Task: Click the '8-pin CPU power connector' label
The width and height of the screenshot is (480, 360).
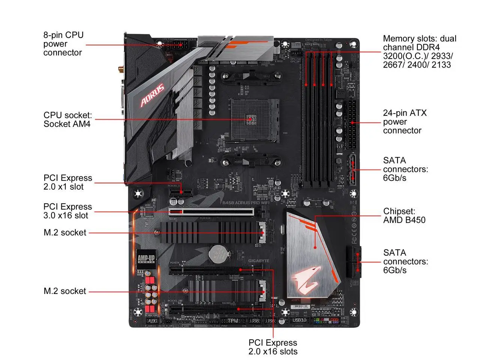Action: [x=63, y=44]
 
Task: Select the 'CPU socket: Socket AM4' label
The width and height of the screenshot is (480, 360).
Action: [x=67, y=120]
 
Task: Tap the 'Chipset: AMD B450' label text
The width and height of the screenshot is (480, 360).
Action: [x=404, y=216]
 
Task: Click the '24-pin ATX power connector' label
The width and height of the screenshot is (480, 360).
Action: [x=404, y=121]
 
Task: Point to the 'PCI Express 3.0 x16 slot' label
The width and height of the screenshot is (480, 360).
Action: [x=67, y=211]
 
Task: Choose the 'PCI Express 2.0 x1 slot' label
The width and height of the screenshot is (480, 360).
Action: [x=67, y=182]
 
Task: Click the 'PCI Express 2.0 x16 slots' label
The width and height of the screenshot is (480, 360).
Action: [x=273, y=347]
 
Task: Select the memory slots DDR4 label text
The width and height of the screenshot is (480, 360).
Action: [x=419, y=52]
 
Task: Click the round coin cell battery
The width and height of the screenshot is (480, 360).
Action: [x=218, y=253]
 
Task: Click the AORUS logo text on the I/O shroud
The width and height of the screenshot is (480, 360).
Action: [x=152, y=95]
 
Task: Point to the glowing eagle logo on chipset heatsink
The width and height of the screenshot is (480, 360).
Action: [x=307, y=280]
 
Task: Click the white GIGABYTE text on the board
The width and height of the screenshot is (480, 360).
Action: [x=259, y=261]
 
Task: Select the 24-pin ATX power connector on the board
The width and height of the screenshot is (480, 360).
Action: [x=352, y=124]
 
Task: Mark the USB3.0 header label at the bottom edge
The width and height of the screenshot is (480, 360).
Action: [x=299, y=320]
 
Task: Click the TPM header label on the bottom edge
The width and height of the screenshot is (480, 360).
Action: [x=233, y=321]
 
